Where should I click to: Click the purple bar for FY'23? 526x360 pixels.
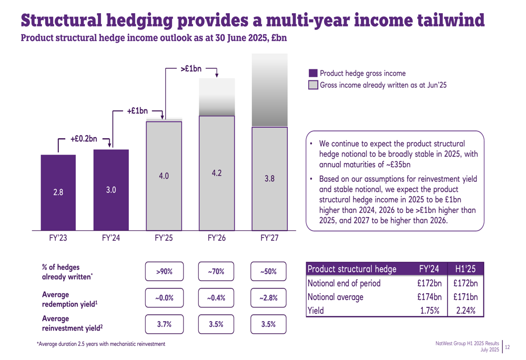click(x=58, y=192)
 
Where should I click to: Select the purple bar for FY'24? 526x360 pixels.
click(x=111, y=190)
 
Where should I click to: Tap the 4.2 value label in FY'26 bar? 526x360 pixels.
click(x=216, y=172)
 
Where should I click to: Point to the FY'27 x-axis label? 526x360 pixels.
click(x=269, y=238)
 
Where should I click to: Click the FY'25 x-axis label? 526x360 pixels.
click(x=164, y=238)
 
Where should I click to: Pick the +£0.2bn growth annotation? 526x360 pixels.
click(x=84, y=139)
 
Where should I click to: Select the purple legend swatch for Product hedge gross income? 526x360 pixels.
click(x=313, y=74)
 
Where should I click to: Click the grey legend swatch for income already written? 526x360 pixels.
click(x=313, y=85)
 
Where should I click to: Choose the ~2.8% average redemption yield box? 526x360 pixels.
click(x=268, y=298)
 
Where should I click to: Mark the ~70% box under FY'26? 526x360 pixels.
click(x=216, y=272)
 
